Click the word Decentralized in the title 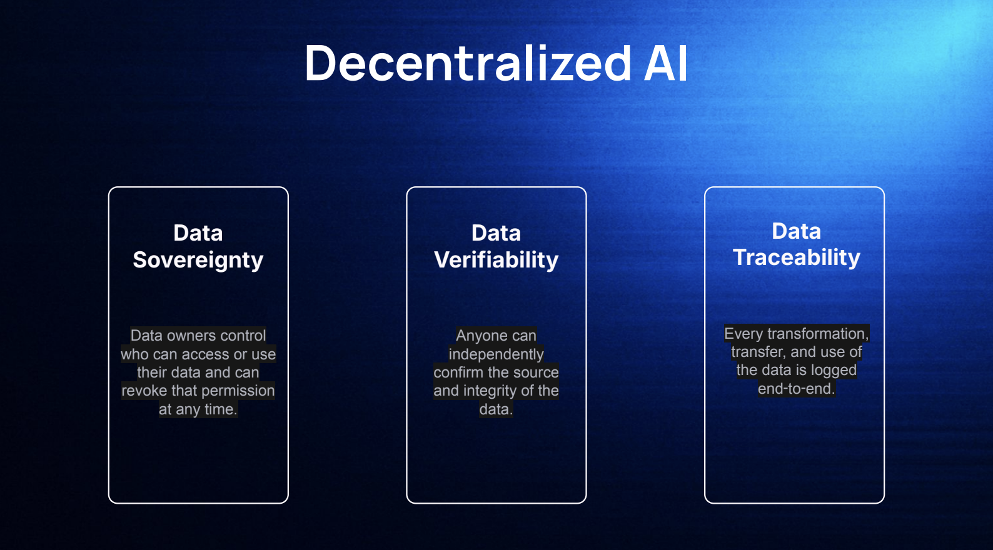coord(468,63)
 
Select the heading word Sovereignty coord(198,260)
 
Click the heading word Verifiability coord(496,260)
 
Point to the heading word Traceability coord(796,257)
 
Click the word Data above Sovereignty coord(198,232)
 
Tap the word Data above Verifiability coord(496,232)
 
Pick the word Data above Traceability coord(796,231)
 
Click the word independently coord(496,354)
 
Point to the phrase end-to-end coord(796,389)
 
